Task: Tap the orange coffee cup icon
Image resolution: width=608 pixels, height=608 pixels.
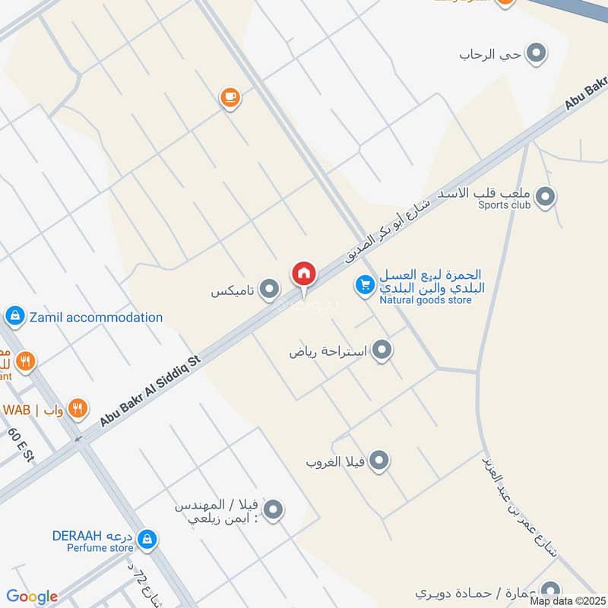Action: click(x=230, y=97)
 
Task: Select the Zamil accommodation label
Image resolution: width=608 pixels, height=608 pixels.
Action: click(x=96, y=317)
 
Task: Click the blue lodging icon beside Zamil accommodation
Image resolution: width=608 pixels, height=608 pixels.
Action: click(x=14, y=315)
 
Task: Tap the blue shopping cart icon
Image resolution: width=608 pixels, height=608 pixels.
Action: click(x=365, y=285)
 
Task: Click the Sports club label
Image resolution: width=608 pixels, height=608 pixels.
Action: click(x=505, y=204)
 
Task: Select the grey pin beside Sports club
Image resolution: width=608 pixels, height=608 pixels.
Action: click(x=544, y=198)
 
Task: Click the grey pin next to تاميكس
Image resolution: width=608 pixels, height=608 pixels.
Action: click(x=268, y=290)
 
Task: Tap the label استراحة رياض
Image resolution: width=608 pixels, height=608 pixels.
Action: click(x=328, y=351)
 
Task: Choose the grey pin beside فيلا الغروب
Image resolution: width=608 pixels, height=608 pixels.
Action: click(x=378, y=461)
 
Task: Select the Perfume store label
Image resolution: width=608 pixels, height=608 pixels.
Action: click(x=100, y=547)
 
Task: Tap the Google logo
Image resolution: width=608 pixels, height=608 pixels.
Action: click(x=32, y=597)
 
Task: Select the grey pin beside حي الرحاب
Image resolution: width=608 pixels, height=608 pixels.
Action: click(x=537, y=54)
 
